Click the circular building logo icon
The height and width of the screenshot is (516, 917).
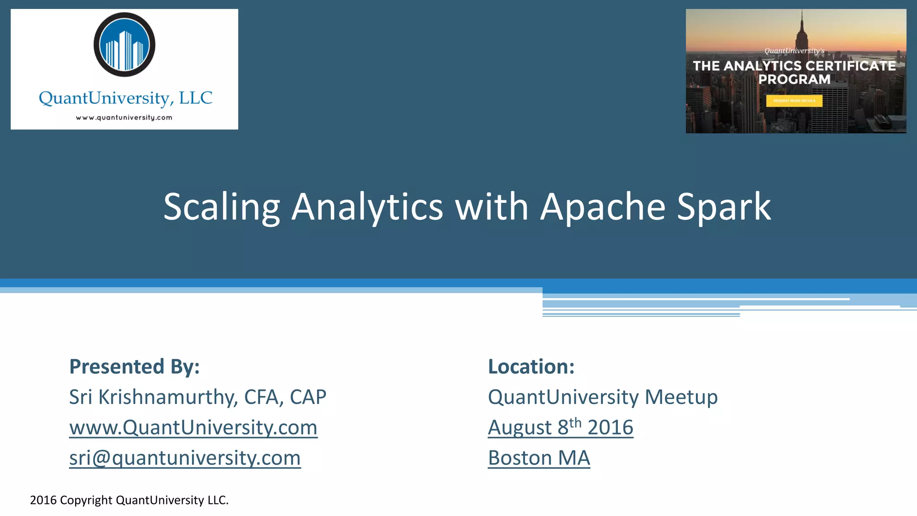pos(124,45)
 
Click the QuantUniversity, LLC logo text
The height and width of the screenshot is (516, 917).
pos(125,98)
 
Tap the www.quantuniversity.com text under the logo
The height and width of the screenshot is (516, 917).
pos(124,118)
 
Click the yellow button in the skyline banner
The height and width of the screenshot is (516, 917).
pos(794,101)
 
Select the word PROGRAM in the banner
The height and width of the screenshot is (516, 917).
pos(794,79)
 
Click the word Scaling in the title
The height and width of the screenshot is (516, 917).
pos(222,207)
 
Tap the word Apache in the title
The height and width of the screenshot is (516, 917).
pos(603,207)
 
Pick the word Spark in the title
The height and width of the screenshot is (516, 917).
pos(724,207)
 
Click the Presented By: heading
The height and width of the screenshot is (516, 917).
pos(134,366)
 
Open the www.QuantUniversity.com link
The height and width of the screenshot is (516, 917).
pos(193,427)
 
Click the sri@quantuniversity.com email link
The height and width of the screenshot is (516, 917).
pos(185,458)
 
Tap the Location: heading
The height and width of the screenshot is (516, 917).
pos(531,366)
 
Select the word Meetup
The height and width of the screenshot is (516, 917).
pos(681,397)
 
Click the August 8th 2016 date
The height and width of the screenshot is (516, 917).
pos(561,427)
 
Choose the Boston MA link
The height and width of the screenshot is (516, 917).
pos(539,458)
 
